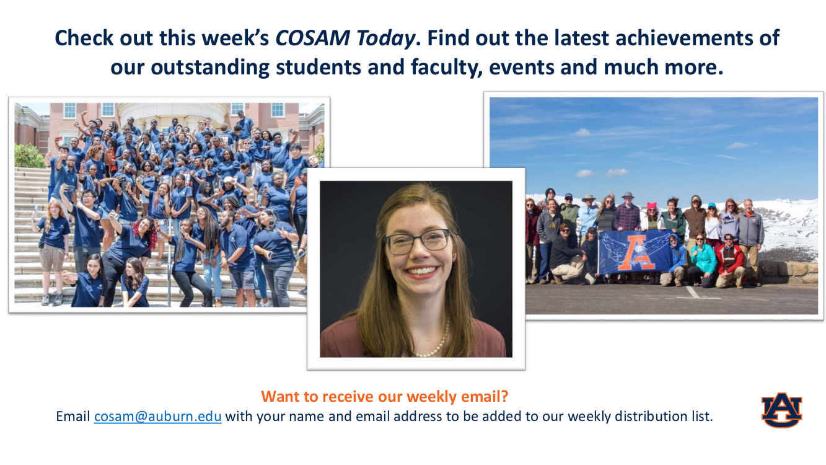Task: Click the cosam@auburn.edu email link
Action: pos(158,416)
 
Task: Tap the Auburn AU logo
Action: pos(781,410)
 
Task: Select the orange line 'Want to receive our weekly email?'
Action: pos(385,396)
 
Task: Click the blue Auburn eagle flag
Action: pos(635,251)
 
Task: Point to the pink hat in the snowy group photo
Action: pos(652,206)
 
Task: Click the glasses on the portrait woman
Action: pos(418,242)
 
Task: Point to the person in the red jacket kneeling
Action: pos(730,260)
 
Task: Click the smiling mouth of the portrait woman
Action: pos(421,272)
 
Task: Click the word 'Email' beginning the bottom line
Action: pos(73,416)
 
